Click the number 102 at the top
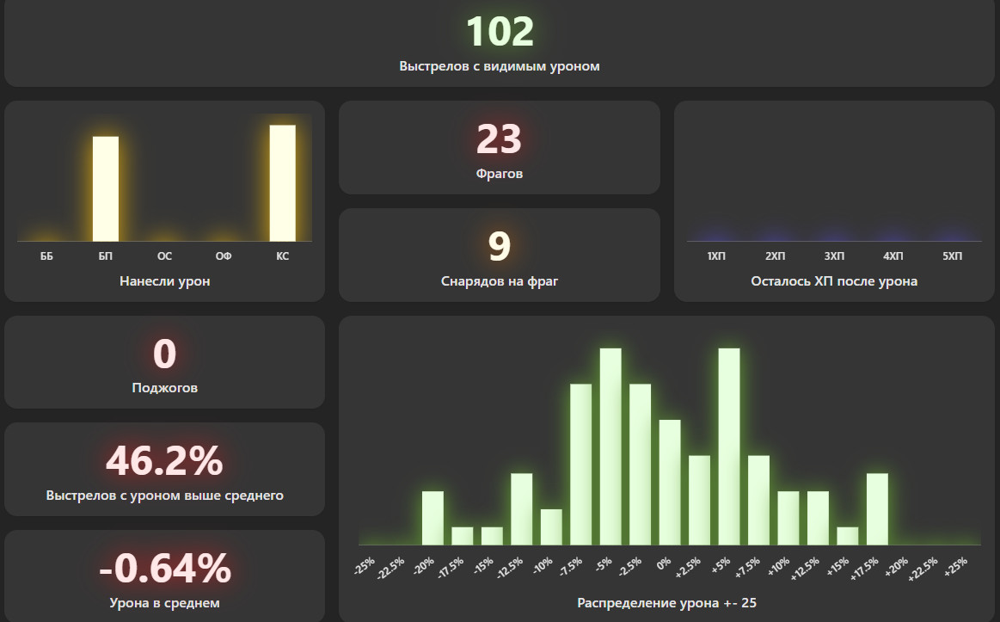coord(500,33)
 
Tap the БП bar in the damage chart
coord(106,188)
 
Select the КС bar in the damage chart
coord(283,182)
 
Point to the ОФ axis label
coord(224,256)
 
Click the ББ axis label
coord(46,256)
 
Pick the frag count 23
coord(500,139)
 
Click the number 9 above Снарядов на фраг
coord(500,247)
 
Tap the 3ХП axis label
coord(834,256)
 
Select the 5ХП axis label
coord(952,256)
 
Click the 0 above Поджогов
coord(164,354)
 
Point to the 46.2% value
coord(164,461)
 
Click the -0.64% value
coord(164,569)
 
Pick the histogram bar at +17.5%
coord(877,508)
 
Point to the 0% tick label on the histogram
coord(664,564)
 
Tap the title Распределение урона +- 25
coord(667,603)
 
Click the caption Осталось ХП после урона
coord(834,281)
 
